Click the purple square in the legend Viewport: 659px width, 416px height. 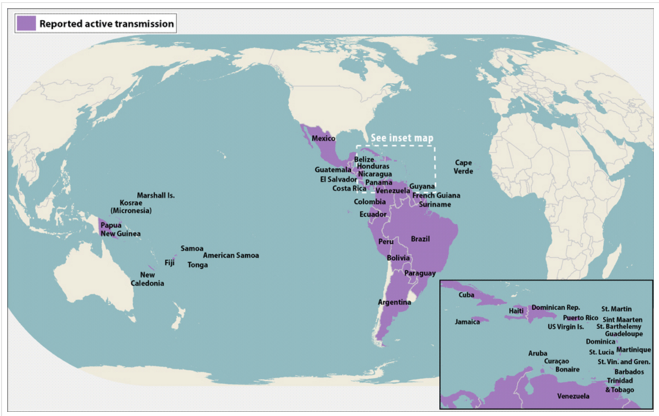26,24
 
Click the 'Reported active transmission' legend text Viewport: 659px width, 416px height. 106,24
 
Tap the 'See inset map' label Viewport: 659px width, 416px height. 404,138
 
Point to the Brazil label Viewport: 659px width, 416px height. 420,239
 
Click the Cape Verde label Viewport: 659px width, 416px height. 464,167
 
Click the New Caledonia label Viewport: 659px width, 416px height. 147,279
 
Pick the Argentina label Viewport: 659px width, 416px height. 394,302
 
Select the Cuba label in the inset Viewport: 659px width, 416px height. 467,295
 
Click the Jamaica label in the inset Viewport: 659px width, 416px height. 467,321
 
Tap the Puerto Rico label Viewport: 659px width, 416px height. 580,318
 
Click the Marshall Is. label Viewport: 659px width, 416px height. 156,195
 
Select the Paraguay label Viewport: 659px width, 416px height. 420,273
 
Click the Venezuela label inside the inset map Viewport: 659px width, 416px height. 573,396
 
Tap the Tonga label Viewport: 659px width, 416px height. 198,264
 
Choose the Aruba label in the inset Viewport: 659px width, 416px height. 538,353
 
